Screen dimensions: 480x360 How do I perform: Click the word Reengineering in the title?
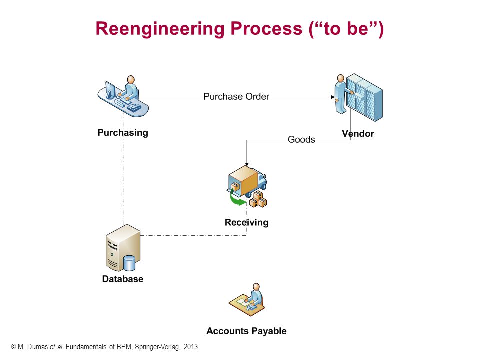(x=160, y=29)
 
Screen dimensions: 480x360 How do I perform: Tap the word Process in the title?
(x=266, y=28)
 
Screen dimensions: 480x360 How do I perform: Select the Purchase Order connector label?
(x=236, y=96)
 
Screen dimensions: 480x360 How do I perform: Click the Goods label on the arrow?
(x=301, y=140)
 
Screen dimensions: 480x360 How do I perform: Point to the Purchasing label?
(x=123, y=133)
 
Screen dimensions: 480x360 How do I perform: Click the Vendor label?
(x=358, y=134)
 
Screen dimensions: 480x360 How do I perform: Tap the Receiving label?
(x=246, y=222)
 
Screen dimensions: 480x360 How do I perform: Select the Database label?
(x=123, y=279)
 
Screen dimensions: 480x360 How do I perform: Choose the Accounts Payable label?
(x=246, y=331)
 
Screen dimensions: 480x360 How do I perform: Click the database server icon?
(x=123, y=248)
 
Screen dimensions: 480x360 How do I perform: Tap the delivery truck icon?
(x=247, y=186)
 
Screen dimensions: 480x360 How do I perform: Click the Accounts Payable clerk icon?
(x=247, y=299)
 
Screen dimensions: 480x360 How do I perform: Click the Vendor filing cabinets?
(x=364, y=97)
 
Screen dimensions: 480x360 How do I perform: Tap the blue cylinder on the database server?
(x=129, y=263)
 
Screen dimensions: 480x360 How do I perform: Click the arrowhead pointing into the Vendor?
(x=333, y=97)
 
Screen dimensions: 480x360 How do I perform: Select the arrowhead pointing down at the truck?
(x=247, y=164)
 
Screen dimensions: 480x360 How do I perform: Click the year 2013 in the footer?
(x=191, y=347)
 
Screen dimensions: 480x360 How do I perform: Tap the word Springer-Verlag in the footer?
(x=157, y=347)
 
